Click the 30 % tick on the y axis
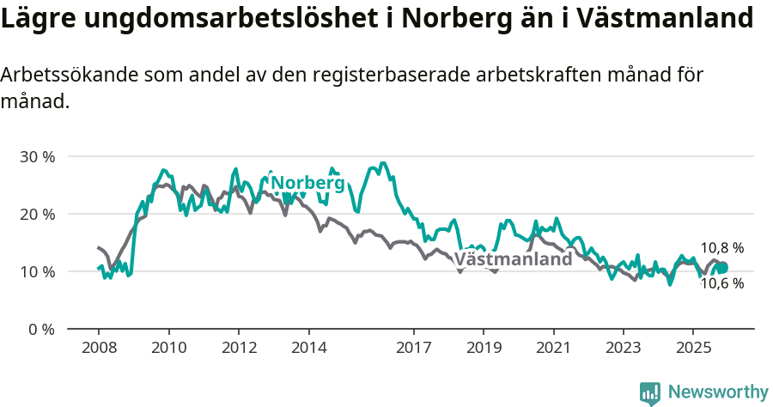tap(38, 157)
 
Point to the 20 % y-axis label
tap(38, 214)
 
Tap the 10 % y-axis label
tap(38, 271)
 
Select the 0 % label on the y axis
tap(41, 329)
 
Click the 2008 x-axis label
tap(99, 349)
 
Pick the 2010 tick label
tap(168, 349)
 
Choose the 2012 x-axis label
tap(239, 349)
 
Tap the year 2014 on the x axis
tap(308, 349)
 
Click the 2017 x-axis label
tap(413, 349)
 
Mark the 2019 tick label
tap(484, 349)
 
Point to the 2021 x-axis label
tap(553, 349)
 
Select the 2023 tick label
tap(623, 349)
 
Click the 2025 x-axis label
tap(693, 349)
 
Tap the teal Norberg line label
tap(307, 183)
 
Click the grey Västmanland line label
tap(513, 259)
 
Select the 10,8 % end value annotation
tap(721, 248)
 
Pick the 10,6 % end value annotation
tap(721, 283)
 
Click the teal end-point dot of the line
tap(722, 268)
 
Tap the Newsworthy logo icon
tap(650, 392)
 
